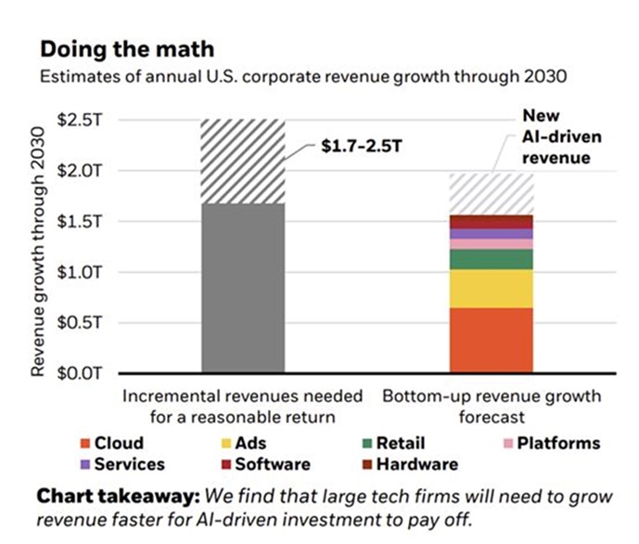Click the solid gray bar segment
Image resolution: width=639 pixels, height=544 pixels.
242,288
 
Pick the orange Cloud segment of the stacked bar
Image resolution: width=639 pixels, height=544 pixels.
492,340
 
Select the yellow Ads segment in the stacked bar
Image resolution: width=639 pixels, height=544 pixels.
492,289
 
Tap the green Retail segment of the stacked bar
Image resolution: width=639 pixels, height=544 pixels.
492,259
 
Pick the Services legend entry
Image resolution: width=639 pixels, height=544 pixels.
122,464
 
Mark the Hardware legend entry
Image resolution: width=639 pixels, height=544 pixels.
408,464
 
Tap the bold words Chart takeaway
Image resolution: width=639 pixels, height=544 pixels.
109,497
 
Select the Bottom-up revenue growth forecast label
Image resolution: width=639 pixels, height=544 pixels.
492,407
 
